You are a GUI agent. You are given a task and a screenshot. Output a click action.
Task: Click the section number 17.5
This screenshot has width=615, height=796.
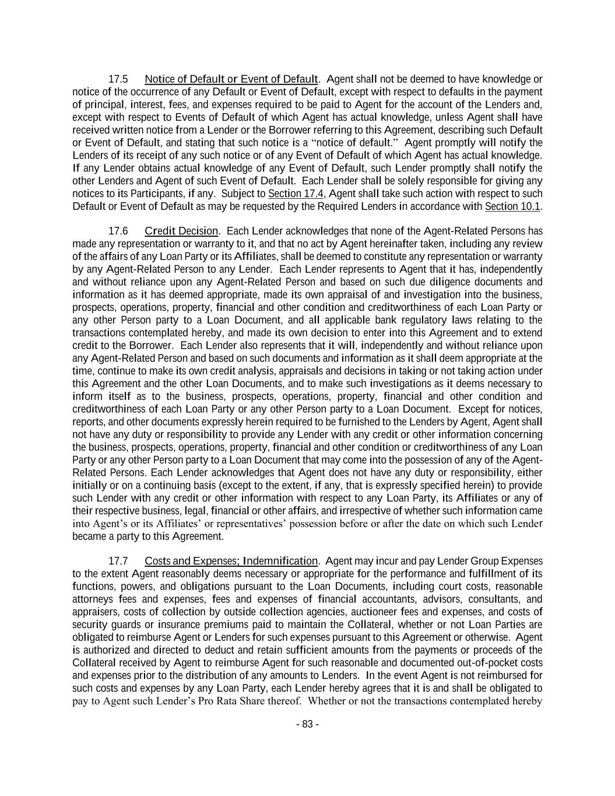[118, 79]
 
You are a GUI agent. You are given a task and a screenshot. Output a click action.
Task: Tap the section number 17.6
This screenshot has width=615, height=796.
[118, 232]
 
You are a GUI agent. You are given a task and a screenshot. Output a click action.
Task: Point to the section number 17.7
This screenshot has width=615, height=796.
[118, 561]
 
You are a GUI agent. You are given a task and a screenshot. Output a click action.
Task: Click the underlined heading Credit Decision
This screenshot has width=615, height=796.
[181, 232]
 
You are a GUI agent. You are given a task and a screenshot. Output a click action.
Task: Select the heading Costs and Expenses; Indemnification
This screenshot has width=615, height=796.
[231, 561]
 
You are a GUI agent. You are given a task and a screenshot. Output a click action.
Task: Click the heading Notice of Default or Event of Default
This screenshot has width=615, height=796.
[231, 79]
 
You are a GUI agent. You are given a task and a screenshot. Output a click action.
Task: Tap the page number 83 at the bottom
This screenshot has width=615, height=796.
[307, 724]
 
